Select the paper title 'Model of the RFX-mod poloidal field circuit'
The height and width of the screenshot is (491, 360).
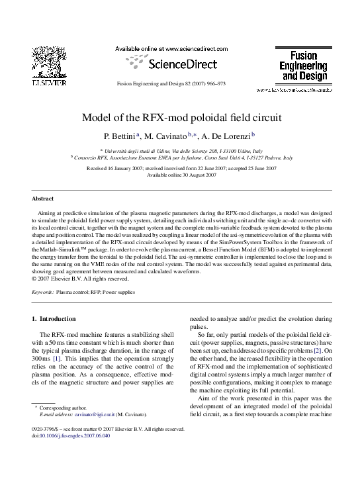(x=181, y=118)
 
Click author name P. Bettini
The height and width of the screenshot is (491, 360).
(x=116, y=136)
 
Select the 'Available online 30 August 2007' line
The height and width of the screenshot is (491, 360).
(x=181, y=175)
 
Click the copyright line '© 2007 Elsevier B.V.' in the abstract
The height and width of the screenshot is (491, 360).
(x=73, y=278)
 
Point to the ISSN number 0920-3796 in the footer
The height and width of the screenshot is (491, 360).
(x=46, y=429)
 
